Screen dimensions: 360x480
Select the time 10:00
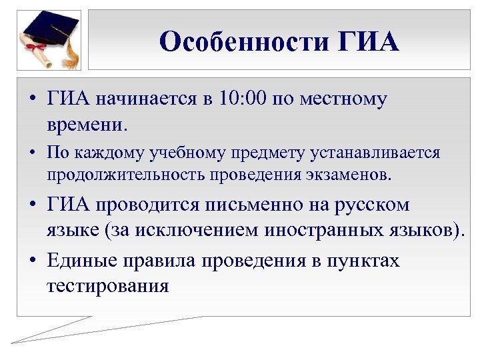click(246, 100)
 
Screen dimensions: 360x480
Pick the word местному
click(344, 100)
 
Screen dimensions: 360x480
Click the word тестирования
click(108, 285)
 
